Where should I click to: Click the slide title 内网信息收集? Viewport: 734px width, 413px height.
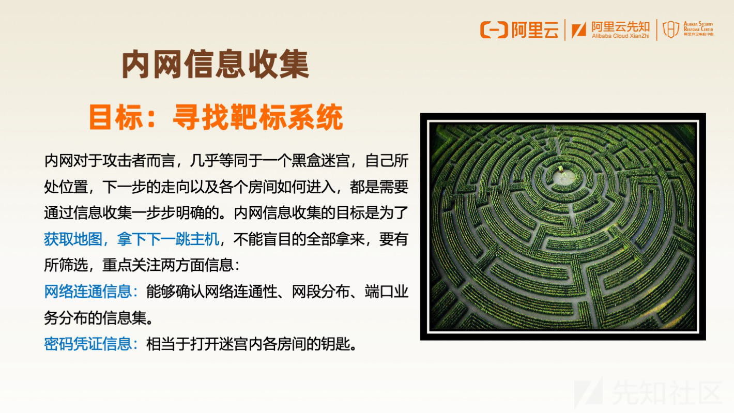pos(215,64)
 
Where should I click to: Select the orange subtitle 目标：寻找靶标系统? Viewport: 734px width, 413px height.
pos(216,117)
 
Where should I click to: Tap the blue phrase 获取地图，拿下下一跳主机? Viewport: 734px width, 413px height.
pos(132,239)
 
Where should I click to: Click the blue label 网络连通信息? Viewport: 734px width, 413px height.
pos(88,292)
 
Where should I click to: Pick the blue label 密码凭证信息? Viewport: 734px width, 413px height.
pos(88,344)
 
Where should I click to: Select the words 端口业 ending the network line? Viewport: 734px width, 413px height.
pos(387,292)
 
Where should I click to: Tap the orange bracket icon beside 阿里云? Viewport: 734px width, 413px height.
pos(494,30)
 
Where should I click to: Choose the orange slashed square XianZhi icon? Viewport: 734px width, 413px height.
pos(579,30)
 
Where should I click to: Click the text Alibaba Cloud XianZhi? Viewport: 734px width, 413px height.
pos(620,36)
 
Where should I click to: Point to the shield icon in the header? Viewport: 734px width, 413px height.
pos(671,29)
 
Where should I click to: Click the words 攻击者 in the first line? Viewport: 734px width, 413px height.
pos(124,161)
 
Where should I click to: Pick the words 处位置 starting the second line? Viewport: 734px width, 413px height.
pos(66,187)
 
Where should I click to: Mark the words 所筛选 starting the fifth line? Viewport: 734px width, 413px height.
pos(66,265)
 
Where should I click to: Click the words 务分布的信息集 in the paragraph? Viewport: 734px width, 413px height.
pos(95,317)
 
